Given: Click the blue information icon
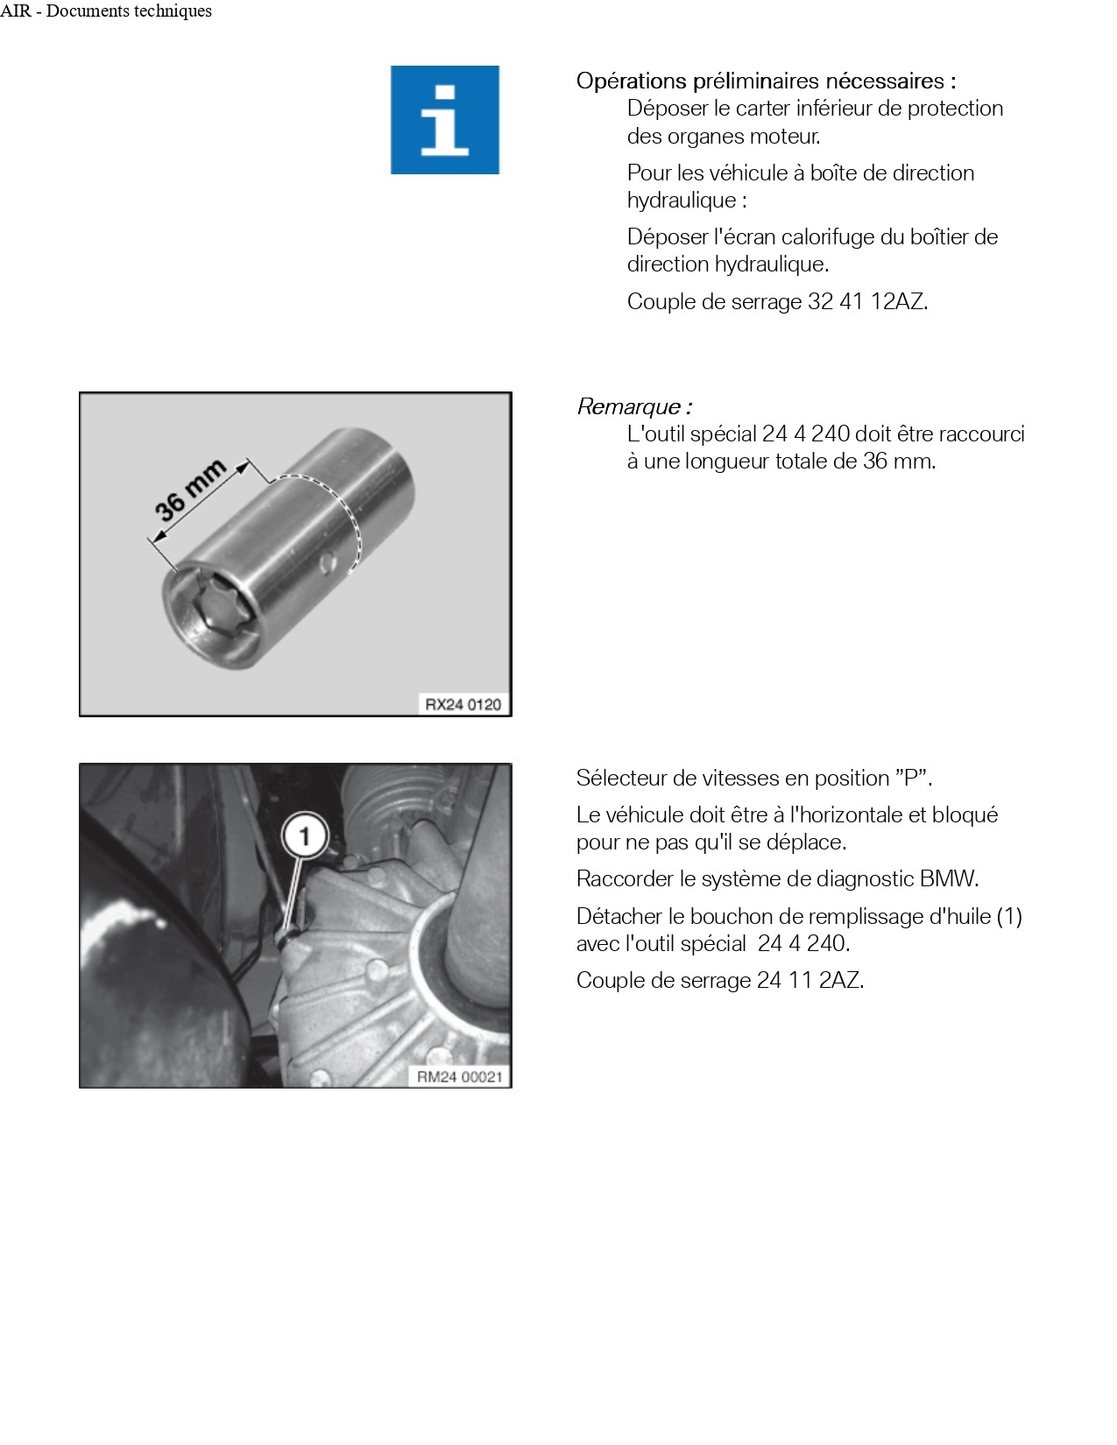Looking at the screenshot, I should pos(445,120).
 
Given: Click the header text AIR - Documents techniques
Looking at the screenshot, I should pos(106,11).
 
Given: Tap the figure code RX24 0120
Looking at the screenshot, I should pos(463,704).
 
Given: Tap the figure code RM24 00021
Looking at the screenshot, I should pos(459,1076).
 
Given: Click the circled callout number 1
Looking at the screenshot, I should pos(304,836).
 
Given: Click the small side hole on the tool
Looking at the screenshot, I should pos(328,561).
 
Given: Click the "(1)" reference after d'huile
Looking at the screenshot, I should pos(1009,917).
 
